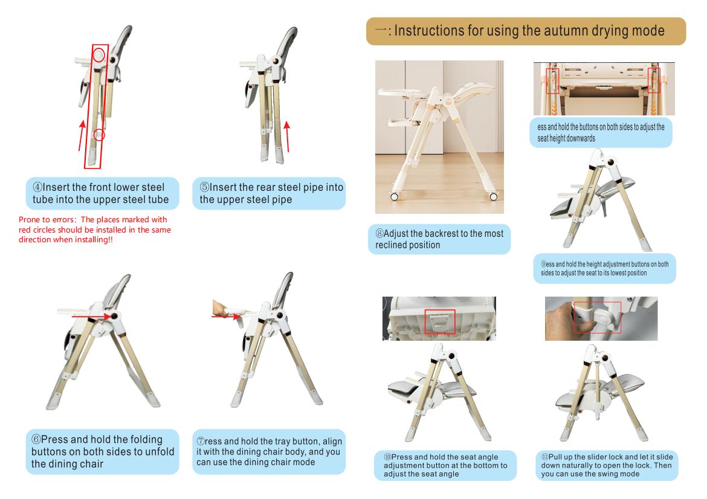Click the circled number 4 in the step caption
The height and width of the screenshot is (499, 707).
[x=38, y=187]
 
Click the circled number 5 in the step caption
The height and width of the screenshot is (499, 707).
[x=205, y=187]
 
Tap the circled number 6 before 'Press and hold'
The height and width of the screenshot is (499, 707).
[x=36, y=439]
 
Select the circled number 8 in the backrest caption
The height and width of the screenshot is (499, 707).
[x=379, y=234]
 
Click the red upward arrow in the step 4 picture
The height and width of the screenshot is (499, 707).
[x=82, y=135]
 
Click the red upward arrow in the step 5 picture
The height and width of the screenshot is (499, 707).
[x=287, y=137]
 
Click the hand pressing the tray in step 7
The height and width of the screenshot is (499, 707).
[x=219, y=309]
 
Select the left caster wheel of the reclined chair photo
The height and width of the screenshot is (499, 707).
[x=395, y=196]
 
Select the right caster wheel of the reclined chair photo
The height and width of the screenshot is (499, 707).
[x=494, y=196]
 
